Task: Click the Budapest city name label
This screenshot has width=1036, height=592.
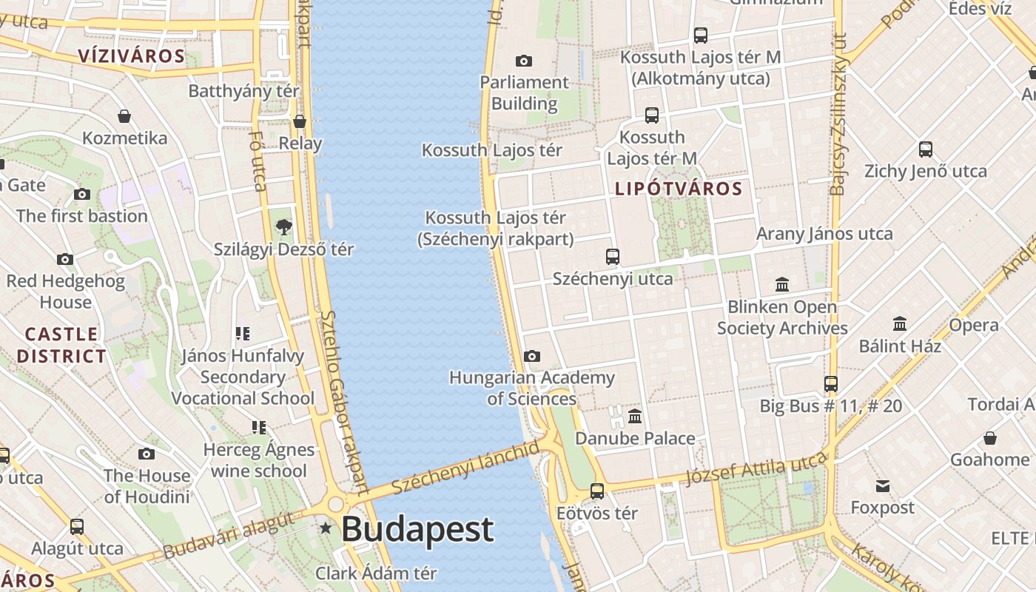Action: point(417,529)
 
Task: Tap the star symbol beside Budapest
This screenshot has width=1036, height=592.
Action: point(325,528)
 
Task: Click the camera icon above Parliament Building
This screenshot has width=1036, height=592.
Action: point(524,61)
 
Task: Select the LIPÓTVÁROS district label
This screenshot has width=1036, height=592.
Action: point(679,189)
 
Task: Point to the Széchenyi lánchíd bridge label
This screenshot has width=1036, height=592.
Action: point(466,468)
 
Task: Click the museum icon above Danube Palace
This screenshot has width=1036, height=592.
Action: point(635,417)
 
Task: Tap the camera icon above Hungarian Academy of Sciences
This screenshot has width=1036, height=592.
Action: point(532,357)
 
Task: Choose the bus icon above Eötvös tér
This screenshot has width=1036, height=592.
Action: point(597,491)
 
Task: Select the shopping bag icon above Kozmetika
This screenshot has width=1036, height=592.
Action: point(124,116)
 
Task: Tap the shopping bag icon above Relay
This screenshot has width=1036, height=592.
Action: point(300,121)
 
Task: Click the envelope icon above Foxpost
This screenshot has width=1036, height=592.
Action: point(882,486)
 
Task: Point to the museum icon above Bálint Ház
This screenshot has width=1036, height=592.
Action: point(900,324)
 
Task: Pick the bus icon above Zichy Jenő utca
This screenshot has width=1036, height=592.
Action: point(926,149)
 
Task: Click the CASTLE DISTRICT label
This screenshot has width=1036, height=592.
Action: point(61,345)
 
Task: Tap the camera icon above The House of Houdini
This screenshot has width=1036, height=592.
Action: point(147,454)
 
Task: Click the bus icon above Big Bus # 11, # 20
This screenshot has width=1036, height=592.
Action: point(831,384)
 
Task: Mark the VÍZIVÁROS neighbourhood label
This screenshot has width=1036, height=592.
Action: point(131,56)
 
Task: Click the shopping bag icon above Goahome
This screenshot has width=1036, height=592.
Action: point(990,438)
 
